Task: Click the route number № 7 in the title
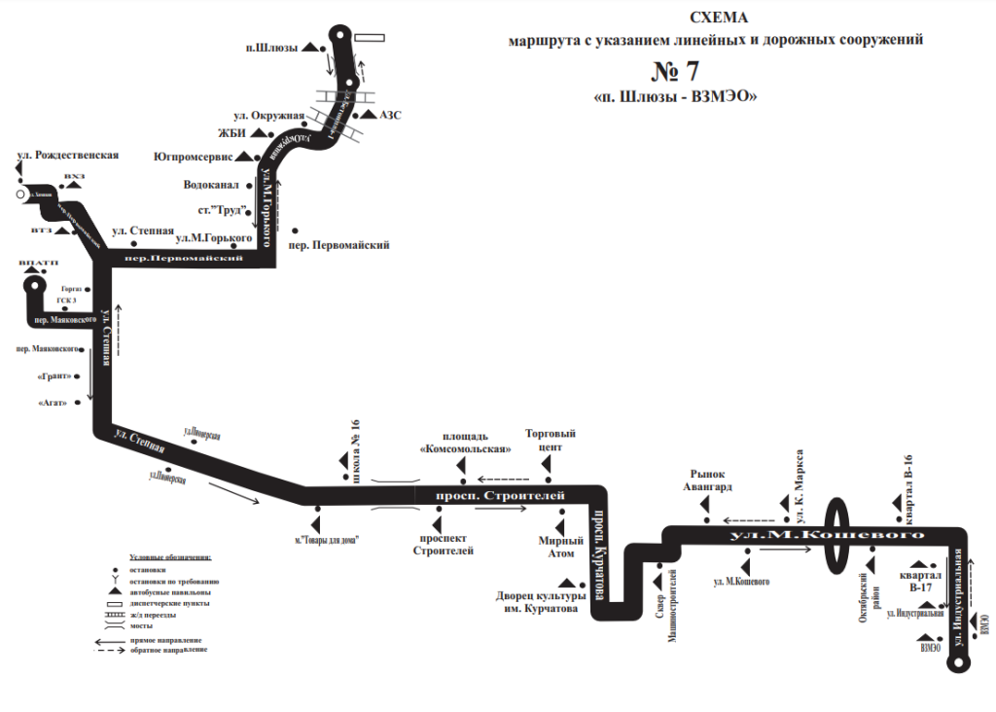pyautogui.click(x=673, y=71)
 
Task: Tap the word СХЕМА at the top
pyautogui.click(x=720, y=18)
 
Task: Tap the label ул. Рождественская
pyautogui.click(x=68, y=155)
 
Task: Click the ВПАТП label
pyautogui.click(x=38, y=264)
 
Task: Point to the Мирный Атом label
pyautogui.click(x=560, y=547)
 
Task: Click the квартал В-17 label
pyautogui.click(x=921, y=575)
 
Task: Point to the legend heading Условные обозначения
pyautogui.click(x=170, y=557)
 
